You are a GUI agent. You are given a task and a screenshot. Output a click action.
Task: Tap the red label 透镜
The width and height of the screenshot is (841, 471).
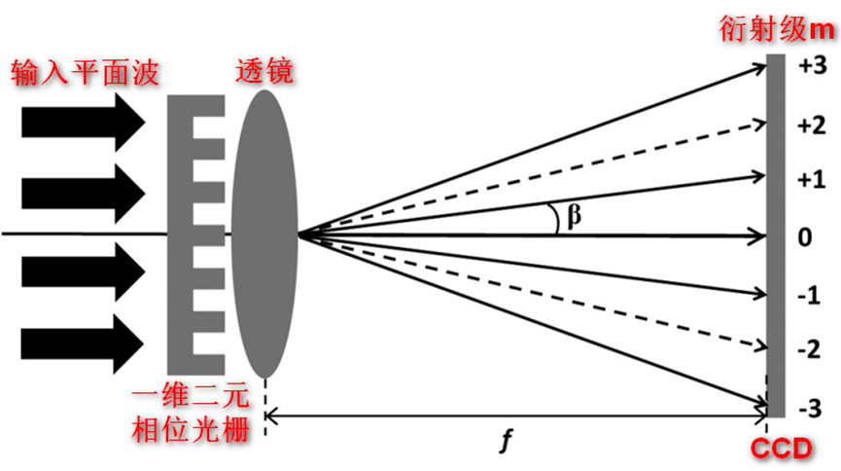[x=265, y=70]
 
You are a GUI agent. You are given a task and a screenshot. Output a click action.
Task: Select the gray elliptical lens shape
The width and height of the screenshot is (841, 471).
[x=264, y=234]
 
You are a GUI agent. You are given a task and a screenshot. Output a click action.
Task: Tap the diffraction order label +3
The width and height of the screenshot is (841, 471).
[x=810, y=66]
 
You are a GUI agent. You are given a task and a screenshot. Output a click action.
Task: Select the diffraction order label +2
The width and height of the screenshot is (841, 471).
[x=810, y=124]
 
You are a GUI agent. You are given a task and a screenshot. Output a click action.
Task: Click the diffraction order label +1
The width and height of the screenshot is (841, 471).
[x=810, y=179]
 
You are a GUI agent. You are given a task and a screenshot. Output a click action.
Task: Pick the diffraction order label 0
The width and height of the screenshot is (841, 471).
[x=806, y=236]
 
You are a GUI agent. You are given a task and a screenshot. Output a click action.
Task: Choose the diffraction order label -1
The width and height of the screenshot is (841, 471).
[x=810, y=294]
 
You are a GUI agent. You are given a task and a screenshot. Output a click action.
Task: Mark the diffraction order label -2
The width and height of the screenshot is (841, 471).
[x=810, y=349]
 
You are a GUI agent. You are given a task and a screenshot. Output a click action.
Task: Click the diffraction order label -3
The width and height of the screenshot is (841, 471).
[x=810, y=407]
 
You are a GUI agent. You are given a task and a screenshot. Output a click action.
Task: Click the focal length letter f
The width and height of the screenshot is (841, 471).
[x=505, y=443]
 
